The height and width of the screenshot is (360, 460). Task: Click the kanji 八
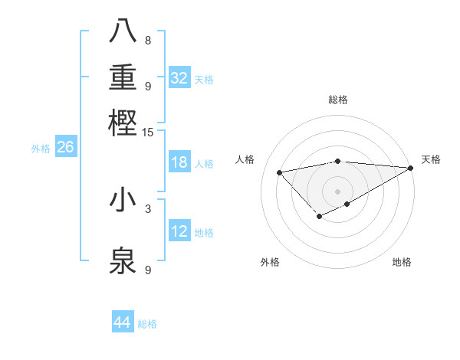(x=123, y=31)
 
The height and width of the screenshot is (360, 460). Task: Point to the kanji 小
(x=123, y=200)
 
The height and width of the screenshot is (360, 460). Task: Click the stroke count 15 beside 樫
(x=147, y=133)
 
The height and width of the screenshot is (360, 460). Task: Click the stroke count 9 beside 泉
(x=147, y=270)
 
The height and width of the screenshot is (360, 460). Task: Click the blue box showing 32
(x=179, y=78)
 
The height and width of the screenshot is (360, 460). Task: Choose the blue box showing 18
(x=179, y=162)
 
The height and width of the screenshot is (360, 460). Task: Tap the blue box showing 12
(x=179, y=231)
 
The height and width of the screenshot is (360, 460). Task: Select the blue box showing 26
(x=65, y=147)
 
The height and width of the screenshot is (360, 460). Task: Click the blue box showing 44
(x=123, y=322)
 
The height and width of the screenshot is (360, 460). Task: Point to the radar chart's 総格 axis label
(x=337, y=100)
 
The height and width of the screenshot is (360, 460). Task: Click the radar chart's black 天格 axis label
(x=431, y=159)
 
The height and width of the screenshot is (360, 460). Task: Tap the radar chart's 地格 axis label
(x=402, y=262)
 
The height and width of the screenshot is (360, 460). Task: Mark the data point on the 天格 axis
(x=412, y=167)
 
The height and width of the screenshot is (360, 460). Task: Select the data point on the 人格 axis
(x=279, y=172)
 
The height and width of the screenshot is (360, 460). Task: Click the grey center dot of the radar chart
(x=337, y=191)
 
